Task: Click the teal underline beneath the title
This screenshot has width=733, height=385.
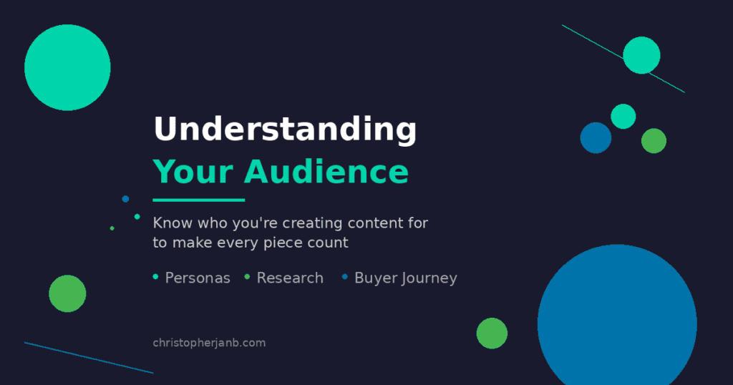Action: coord(199,200)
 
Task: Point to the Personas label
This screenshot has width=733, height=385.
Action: coord(198,278)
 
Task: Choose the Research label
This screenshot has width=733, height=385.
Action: coord(290,278)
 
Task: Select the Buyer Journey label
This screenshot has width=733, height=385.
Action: coord(405,278)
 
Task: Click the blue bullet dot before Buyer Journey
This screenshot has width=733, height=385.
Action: coord(345,276)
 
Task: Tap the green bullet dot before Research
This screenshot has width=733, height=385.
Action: coord(248,277)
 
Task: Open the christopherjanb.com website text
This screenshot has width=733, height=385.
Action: coord(209,343)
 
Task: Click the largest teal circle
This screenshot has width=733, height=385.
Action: coord(67,67)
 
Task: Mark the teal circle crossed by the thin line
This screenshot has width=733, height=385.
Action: coord(641,55)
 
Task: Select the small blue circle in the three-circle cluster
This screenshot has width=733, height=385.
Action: coord(596,137)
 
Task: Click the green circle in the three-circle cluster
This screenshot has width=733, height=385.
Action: coord(654,141)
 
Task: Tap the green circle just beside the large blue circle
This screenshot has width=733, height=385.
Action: coord(492,333)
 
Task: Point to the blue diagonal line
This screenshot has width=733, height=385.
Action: coord(89,358)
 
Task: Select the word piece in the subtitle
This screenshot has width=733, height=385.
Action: coord(295,243)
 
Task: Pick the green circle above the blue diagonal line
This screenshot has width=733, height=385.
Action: coord(67,293)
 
